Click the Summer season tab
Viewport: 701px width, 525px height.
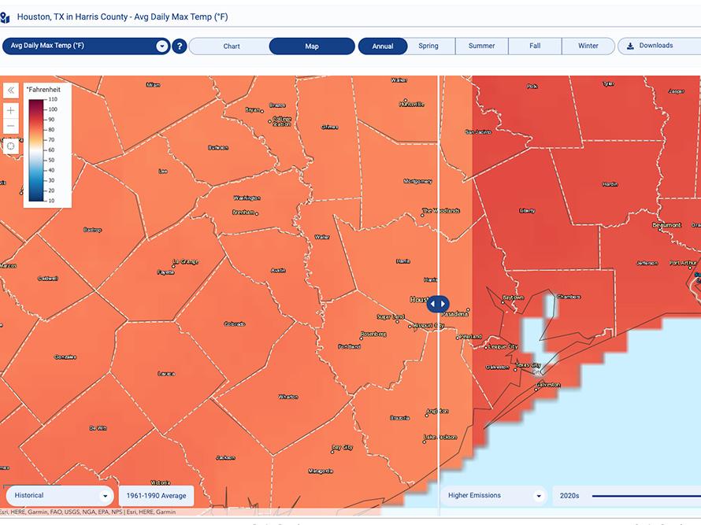click(x=481, y=46)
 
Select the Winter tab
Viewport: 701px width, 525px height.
click(x=588, y=46)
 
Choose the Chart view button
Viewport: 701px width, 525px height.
click(x=232, y=46)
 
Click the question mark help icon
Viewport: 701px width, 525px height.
click(x=180, y=46)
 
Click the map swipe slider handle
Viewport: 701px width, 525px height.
click(x=438, y=304)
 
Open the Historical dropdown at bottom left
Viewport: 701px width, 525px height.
click(x=59, y=496)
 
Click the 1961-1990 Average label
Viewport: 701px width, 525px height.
click(x=156, y=496)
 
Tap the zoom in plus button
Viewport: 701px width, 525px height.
click(x=11, y=111)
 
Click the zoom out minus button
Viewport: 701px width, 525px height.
click(x=11, y=127)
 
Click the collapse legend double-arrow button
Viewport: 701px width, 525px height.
click(x=11, y=91)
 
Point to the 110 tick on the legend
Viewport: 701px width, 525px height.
click(x=52, y=100)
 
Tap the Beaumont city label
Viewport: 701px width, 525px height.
click(x=666, y=225)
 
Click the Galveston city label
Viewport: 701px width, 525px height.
click(x=548, y=385)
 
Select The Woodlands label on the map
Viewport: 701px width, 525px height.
click(x=441, y=211)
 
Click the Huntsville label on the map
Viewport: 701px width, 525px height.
click(x=411, y=105)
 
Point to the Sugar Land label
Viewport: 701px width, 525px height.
click(x=390, y=317)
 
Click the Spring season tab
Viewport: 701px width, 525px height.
click(x=428, y=46)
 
